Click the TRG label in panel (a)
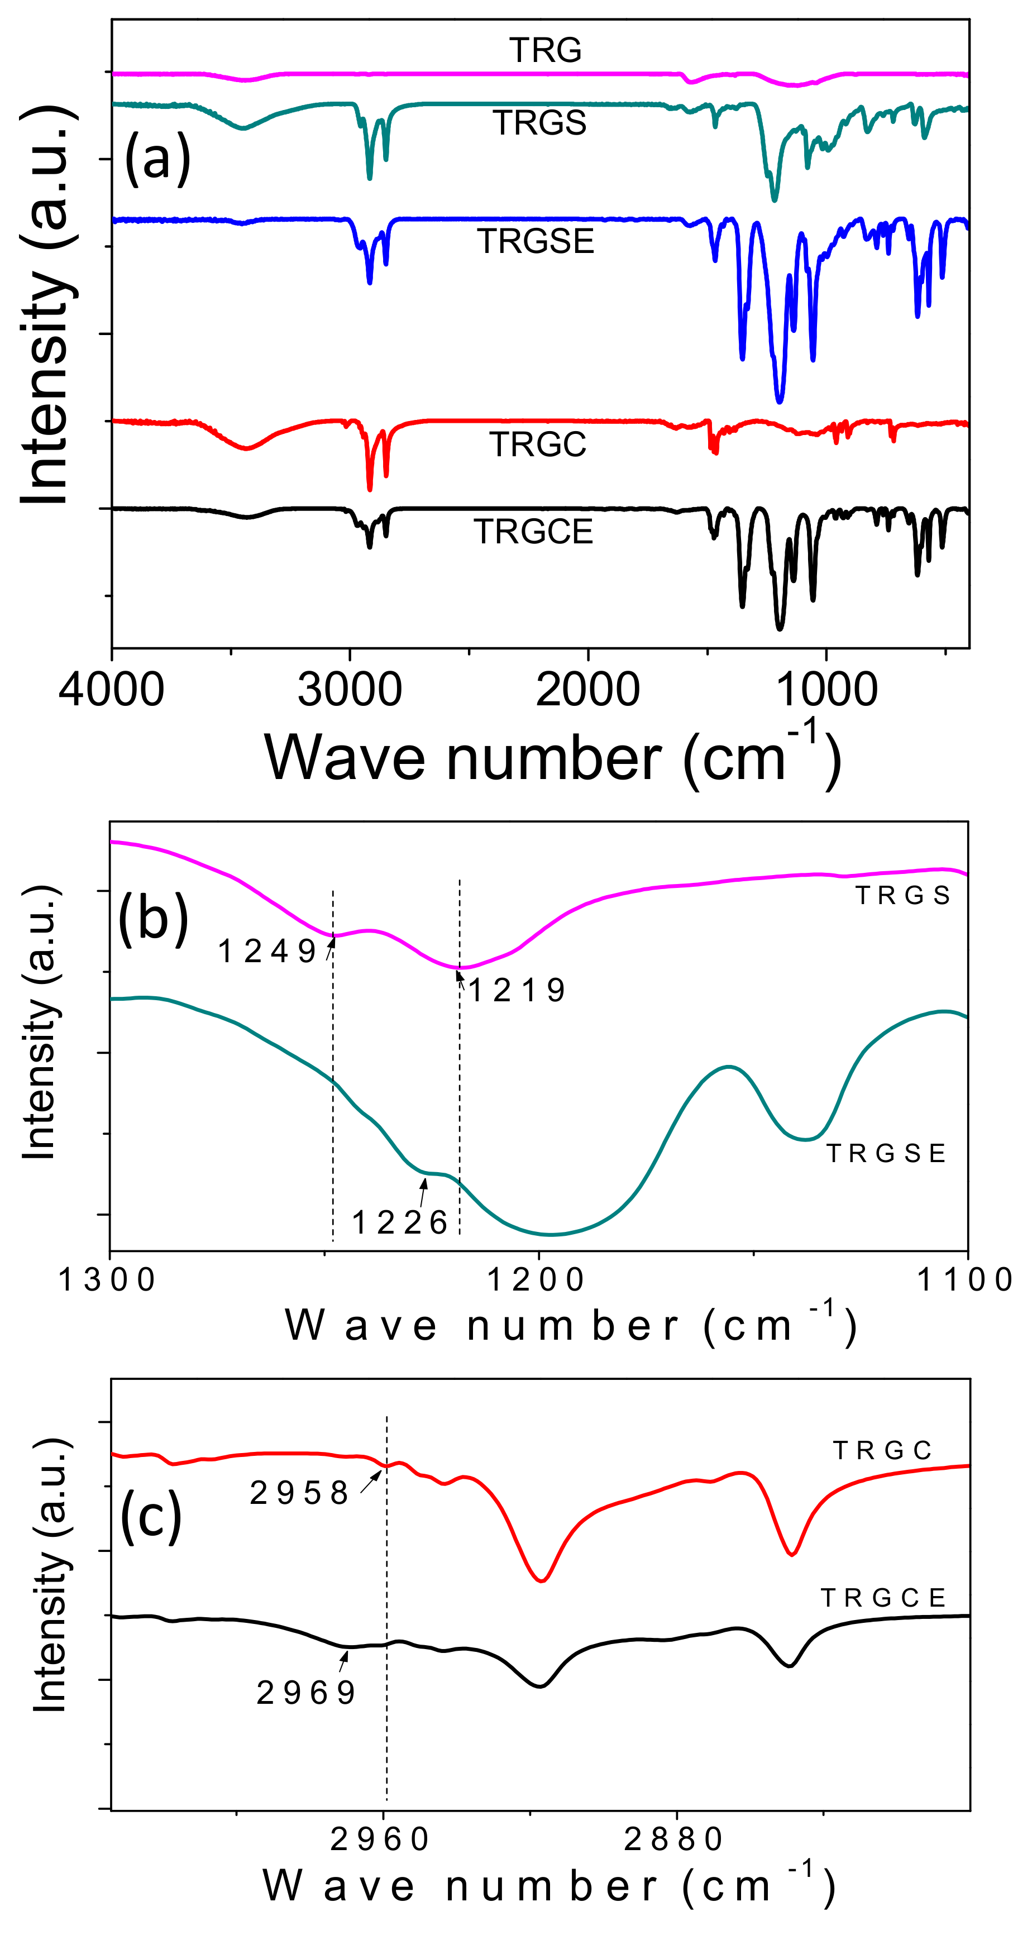click(545, 50)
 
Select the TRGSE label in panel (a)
click(536, 241)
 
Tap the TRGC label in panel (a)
click(538, 444)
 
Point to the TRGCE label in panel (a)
click(533, 531)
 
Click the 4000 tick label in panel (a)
click(111, 689)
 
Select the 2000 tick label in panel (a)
click(587, 689)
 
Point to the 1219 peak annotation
click(517, 990)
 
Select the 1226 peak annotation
click(400, 1222)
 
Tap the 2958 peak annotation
click(300, 1493)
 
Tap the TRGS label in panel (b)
click(903, 895)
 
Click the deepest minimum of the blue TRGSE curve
click(780, 400)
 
